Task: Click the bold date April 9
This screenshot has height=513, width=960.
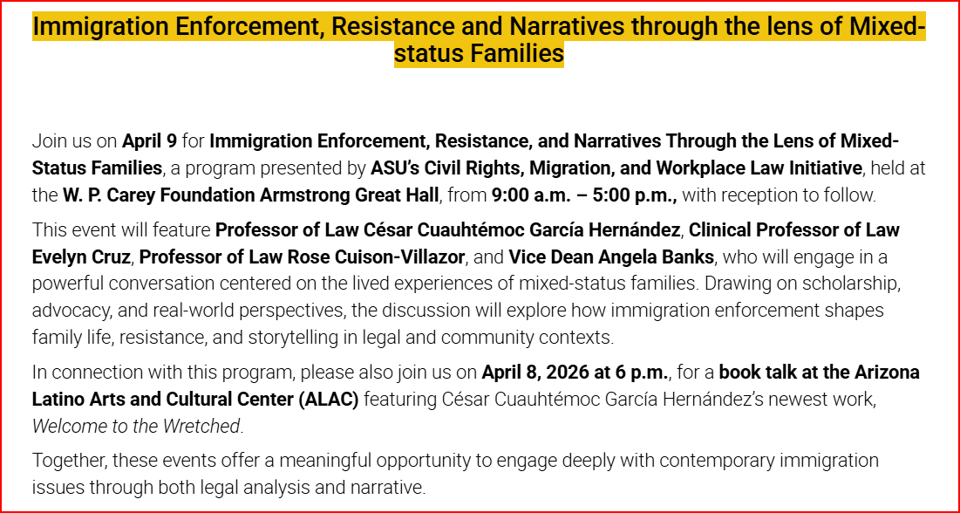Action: (149, 141)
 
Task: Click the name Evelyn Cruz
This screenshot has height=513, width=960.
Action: (81, 256)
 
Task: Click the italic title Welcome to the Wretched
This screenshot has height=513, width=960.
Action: (136, 427)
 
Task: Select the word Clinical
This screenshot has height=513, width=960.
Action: (725, 229)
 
